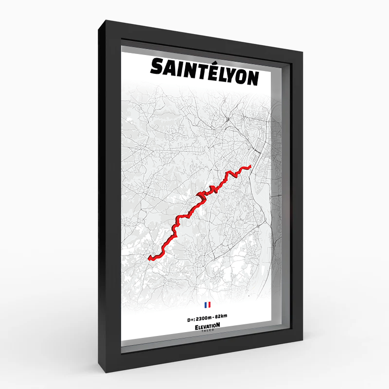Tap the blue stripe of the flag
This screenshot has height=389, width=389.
(206, 305)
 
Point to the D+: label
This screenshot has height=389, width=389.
(192, 316)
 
